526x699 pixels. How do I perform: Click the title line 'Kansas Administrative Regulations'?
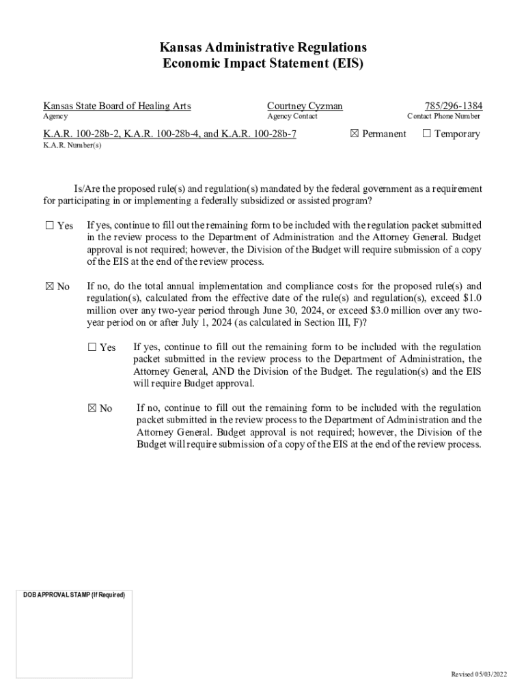[x=263, y=47]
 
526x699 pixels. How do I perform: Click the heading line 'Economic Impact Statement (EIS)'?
[x=263, y=63]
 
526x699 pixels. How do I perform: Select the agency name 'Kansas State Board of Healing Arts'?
[x=117, y=106]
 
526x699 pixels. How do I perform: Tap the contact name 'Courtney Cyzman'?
[x=305, y=106]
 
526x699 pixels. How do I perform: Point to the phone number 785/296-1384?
[x=453, y=106]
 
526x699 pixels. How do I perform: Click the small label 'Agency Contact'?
[x=292, y=117]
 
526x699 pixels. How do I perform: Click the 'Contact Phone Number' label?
[x=443, y=117]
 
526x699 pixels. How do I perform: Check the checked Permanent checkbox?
[x=354, y=134]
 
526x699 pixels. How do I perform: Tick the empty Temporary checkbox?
[x=426, y=134]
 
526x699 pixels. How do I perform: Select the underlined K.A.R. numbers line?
[x=170, y=134]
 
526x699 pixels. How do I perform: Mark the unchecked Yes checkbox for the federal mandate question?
[x=49, y=225]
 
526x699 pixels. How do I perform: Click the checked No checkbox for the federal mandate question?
[x=49, y=287]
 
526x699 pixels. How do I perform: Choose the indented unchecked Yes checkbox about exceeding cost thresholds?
[x=92, y=347]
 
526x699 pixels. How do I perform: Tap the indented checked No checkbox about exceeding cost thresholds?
[x=92, y=408]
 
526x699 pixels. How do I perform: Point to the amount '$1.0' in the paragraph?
[x=470, y=298]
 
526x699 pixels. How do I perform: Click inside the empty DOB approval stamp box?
[x=74, y=638]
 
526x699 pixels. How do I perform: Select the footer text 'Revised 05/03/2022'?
[x=480, y=674]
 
